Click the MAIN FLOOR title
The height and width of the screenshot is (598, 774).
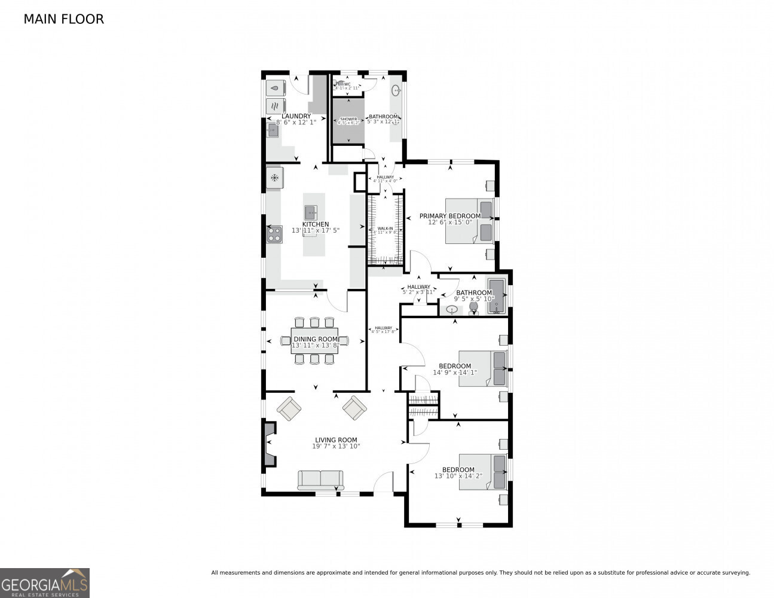tap(63, 19)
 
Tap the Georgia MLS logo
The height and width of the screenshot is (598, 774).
tap(45, 582)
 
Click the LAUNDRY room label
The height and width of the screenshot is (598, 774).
tap(296, 116)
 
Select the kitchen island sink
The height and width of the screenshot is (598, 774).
tap(311, 212)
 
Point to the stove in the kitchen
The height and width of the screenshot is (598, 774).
tap(274, 234)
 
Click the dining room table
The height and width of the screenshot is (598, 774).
tap(314, 340)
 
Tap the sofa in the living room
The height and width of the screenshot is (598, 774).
tap(320, 479)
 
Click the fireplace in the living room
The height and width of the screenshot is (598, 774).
tap(270, 444)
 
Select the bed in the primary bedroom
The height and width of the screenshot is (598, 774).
tap(469, 221)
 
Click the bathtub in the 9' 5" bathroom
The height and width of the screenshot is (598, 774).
tap(497, 296)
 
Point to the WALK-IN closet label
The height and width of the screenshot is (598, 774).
tap(385, 228)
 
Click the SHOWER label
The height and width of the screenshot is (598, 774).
tap(348, 120)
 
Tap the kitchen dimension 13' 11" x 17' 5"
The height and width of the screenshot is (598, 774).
tap(315, 230)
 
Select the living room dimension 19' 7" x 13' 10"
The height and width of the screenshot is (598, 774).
tap(336, 446)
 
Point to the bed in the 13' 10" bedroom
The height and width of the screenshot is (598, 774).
tap(482, 472)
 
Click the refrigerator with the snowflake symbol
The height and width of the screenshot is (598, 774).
tap(275, 178)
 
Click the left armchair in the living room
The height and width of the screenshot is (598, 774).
tap(289, 409)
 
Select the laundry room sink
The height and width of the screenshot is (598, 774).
tap(273, 130)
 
